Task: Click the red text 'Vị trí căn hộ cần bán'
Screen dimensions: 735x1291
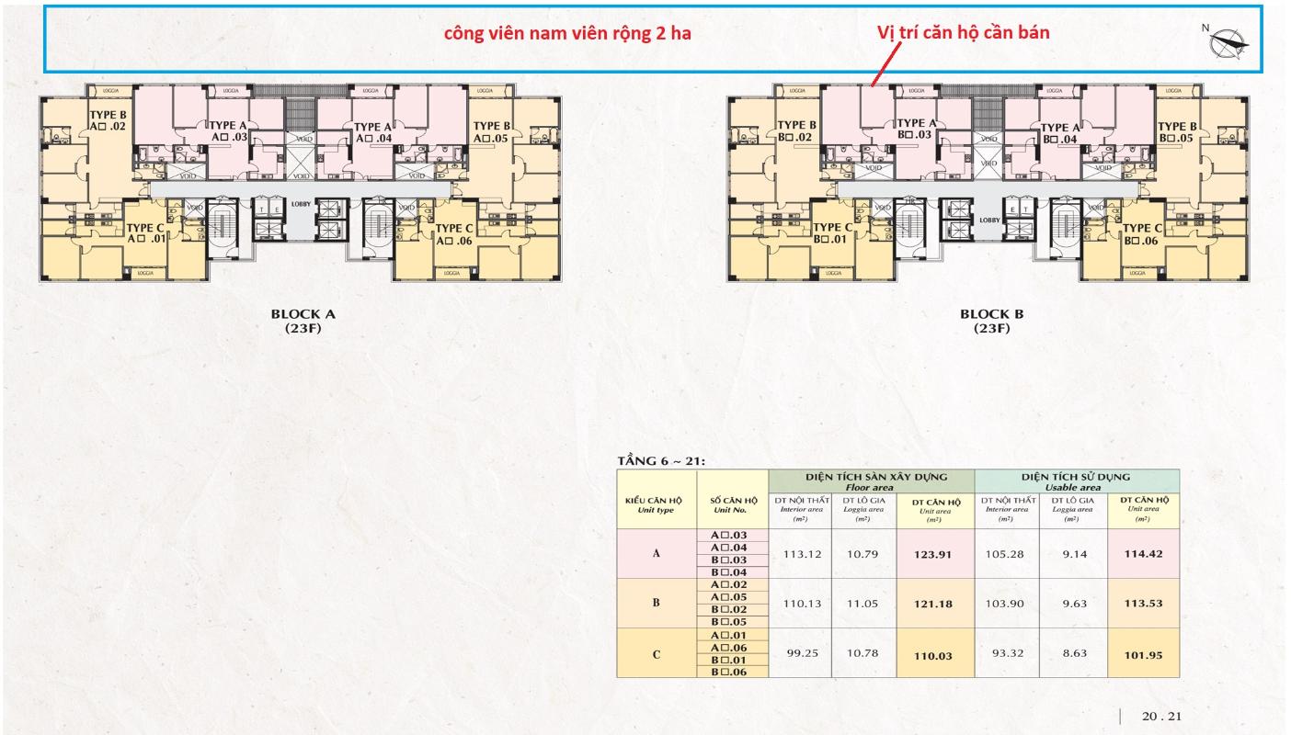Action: [964, 31]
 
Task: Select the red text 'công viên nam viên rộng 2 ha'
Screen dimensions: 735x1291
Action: [567, 33]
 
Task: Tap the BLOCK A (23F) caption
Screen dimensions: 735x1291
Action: [303, 321]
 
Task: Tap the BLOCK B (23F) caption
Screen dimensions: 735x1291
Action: [992, 321]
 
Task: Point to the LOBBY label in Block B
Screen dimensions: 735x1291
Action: [989, 220]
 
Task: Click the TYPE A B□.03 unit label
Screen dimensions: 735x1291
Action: [916, 130]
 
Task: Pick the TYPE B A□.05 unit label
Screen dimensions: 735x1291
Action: [491, 132]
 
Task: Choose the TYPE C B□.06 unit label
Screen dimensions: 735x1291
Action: [1143, 234]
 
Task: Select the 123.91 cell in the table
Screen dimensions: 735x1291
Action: [934, 554]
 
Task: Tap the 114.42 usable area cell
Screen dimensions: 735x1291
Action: [1143, 554]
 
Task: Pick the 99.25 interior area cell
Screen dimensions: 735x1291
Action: [799, 652]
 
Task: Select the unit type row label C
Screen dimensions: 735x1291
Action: [657, 654]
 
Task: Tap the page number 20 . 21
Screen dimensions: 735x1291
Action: [1160, 716]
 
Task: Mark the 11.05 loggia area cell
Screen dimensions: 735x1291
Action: [863, 604]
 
